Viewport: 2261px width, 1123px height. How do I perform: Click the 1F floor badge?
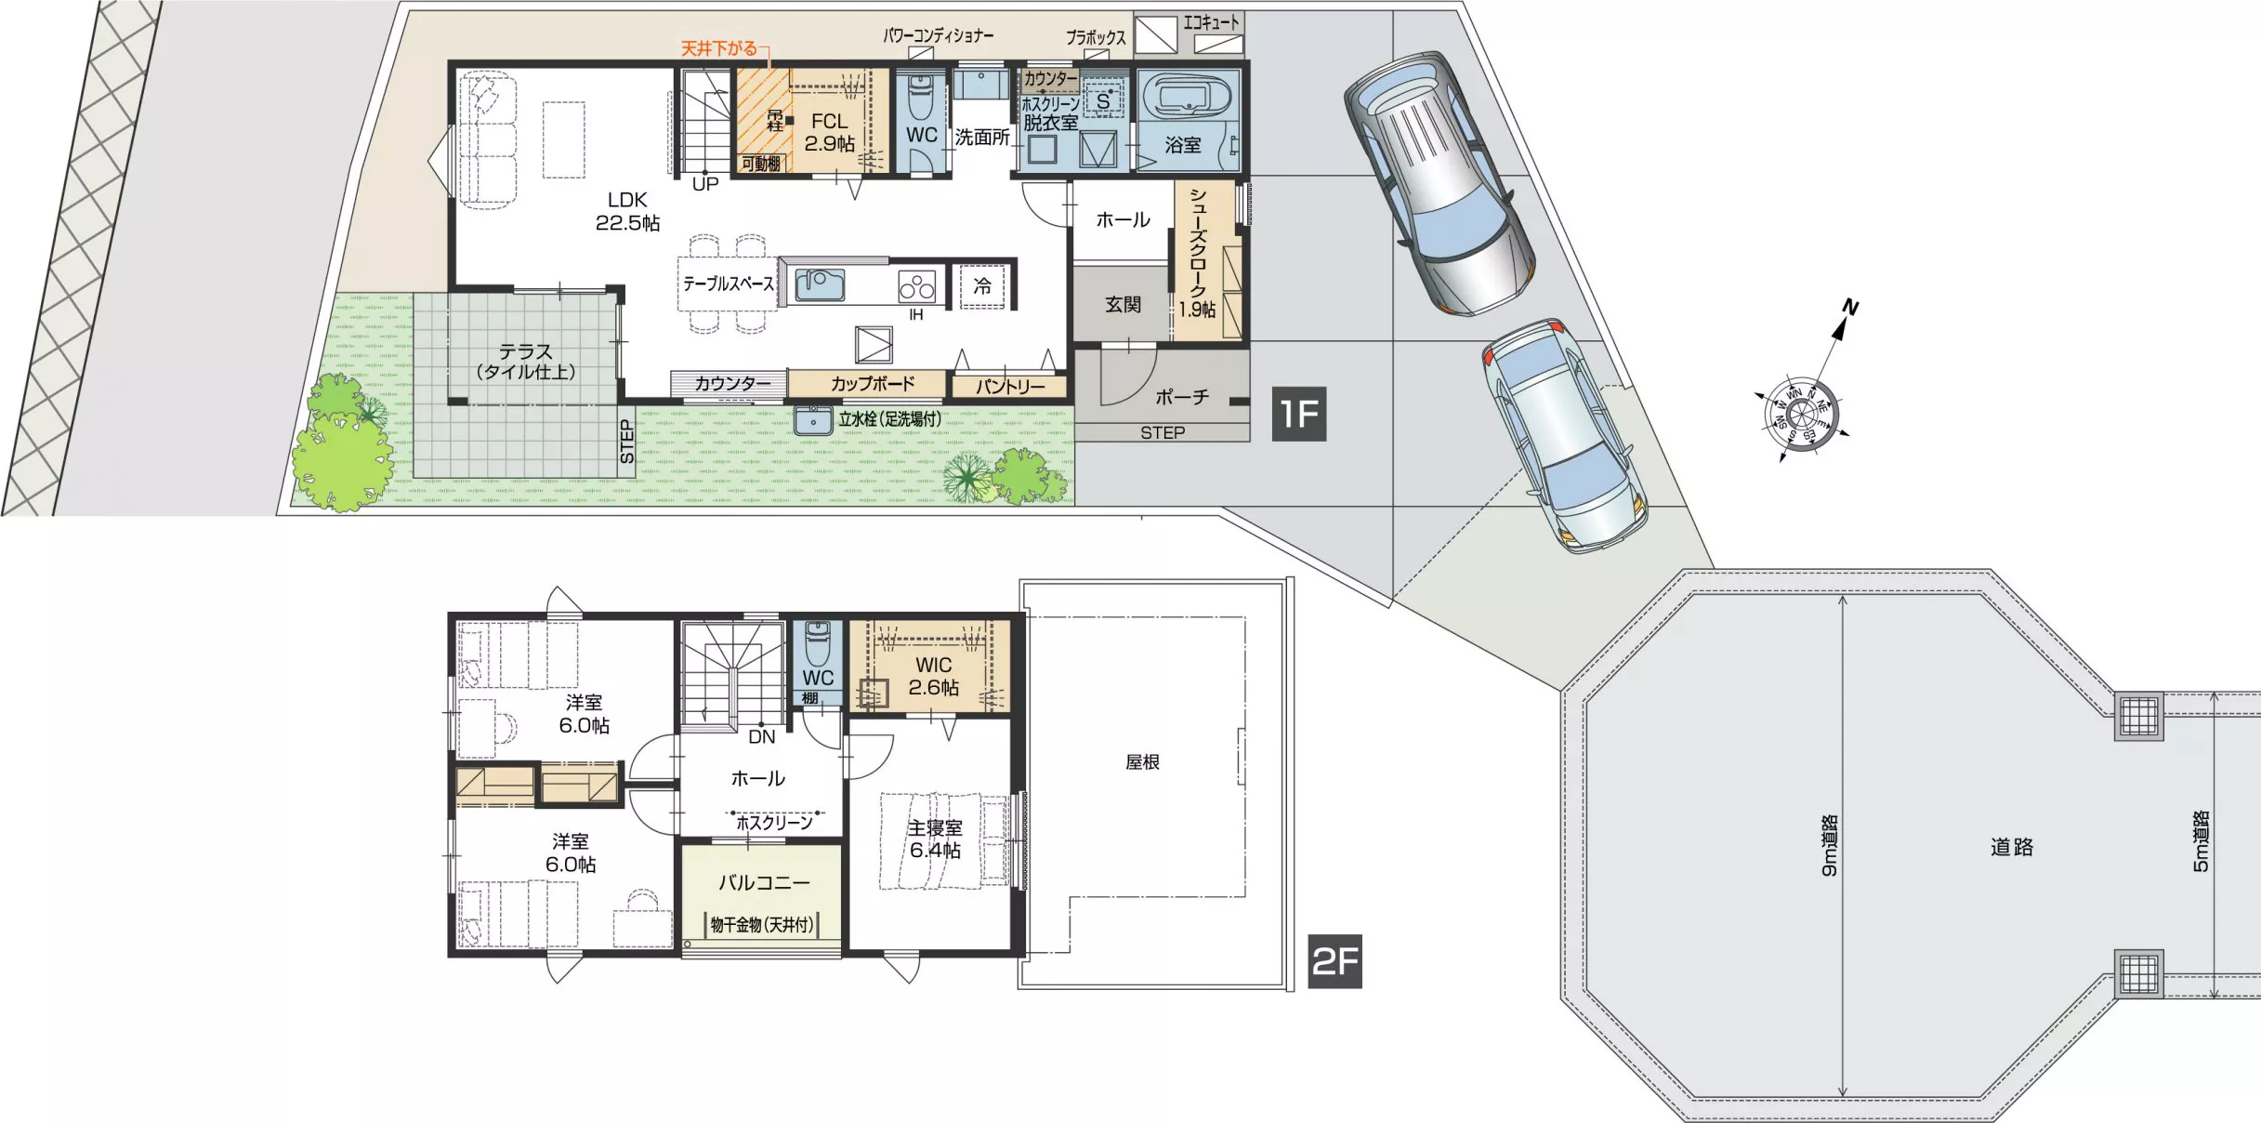pyautogui.click(x=1298, y=414)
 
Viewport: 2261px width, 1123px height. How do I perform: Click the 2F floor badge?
pyautogui.click(x=1334, y=961)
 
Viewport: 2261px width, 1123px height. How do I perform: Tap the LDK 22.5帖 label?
pyautogui.click(x=627, y=211)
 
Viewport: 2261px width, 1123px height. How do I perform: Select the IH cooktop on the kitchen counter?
pyautogui.click(x=916, y=287)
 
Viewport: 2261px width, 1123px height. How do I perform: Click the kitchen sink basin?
pyautogui.click(x=820, y=284)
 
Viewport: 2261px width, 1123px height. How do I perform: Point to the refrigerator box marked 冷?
pyautogui.click(x=982, y=286)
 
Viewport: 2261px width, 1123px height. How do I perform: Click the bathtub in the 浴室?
pyautogui.click(x=1185, y=98)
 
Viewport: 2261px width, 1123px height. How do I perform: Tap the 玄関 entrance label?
pyautogui.click(x=1123, y=304)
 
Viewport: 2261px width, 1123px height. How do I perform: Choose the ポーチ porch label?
pyautogui.click(x=1182, y=397)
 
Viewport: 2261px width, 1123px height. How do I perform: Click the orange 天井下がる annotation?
pyautogui.click(x=719, y=48)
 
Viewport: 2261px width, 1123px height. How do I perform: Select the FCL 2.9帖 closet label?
pyautogui.click(x=829, y=132)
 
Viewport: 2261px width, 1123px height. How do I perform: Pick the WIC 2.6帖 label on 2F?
pyautogui.click(x=933, y=676)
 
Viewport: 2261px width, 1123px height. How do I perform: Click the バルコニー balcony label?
pyautogui.click(x=764, y=882)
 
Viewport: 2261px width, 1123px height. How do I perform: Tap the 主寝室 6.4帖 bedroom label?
pyautogui.click(x=935, y=839)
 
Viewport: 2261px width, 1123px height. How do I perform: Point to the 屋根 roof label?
pyautogui.click(x=1142, y=762)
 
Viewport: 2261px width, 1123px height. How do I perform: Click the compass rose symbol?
pyautogui.click(x=1801, y=414)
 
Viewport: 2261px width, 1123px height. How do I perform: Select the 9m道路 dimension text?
pyautogui.click(x=1829, y=846)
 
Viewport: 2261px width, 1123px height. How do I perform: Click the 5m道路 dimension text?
pyautogui.click(x=2201, y=841)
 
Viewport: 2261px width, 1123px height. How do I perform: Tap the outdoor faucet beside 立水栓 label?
pyautogui.click(x=813, y=420)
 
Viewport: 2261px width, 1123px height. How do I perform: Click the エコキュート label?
pyautogui.click(x=1211, y=21)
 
